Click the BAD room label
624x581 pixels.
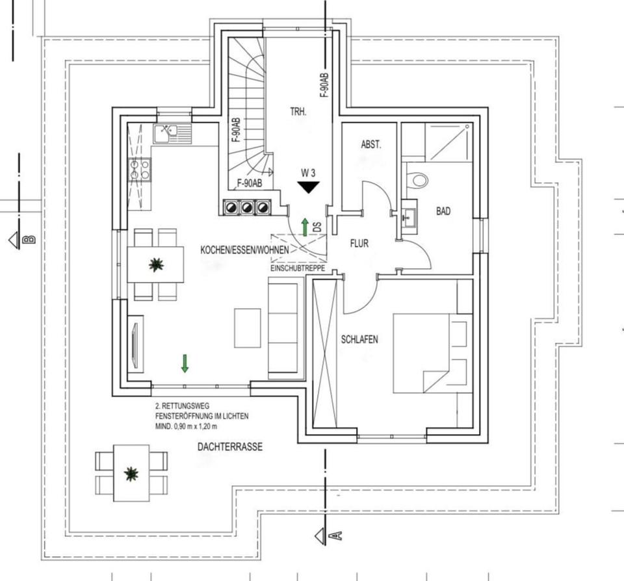click(x=444, y=211)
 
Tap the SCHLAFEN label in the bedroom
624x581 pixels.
click(x=359, y=339)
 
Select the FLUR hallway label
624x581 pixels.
click(x=359, y=244)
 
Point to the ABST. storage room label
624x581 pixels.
click(x=371, y=145)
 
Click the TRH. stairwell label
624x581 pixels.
click(x=298, y=112)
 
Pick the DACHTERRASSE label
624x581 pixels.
click(x=230, y=447)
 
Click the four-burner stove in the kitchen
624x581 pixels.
click(x=139, y=170)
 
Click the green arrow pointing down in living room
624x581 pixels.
click(x=185, y=363)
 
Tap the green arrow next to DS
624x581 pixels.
click(x=304, y=227)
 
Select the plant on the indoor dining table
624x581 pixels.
click(x=155, y=265)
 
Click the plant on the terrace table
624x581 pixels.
click(x=131, y=474)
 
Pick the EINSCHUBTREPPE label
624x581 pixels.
click(x=298, y=268)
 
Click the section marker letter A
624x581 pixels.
click(x=337, y=536)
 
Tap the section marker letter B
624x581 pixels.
click(x=29, y=239)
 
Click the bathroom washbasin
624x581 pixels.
click(x=409, y=216)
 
